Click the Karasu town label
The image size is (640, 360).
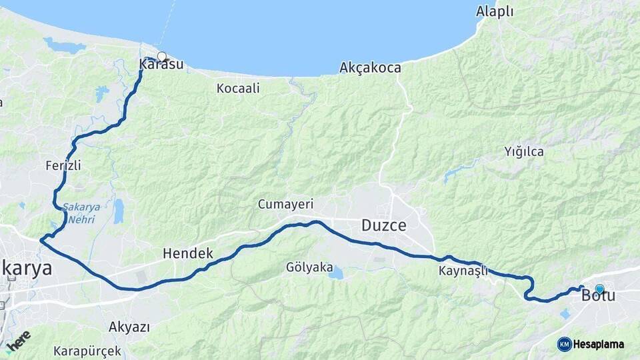tap(161, 65)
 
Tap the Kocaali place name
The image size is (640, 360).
tap(238, 88)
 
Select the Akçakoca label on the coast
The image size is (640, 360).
tap(370, 68)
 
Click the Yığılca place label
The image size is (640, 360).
tap(523, 152)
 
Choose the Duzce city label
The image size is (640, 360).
tap(383, 225)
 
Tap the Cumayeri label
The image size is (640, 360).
tap(285, 205)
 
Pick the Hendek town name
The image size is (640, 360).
tap(188, 253)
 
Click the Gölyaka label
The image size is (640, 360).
tap(309, 267)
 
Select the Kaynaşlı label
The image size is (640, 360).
tap(463, 271)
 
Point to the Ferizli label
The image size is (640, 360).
tap(64, 165)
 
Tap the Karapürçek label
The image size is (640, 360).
tap(88, 351)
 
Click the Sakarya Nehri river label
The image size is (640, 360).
tap(82, 212)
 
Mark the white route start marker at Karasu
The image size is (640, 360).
tap(161, 57)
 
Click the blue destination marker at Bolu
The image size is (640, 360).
tap(599, 289)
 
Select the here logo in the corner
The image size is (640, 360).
tap(18, 339)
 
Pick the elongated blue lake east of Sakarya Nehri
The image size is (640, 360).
tap(119, 211)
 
